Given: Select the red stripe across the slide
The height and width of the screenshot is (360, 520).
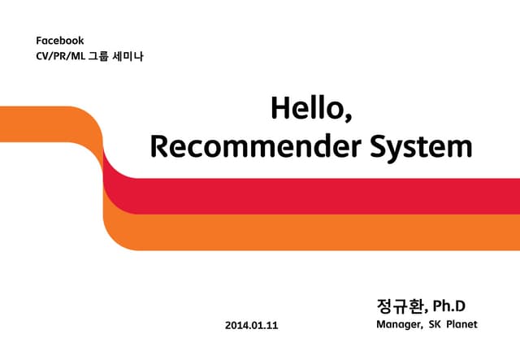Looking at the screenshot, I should coord(325,196).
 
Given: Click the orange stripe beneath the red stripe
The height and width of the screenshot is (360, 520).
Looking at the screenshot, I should coord(325,232).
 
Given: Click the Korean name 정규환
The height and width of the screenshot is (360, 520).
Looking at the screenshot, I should coord(401,306).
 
